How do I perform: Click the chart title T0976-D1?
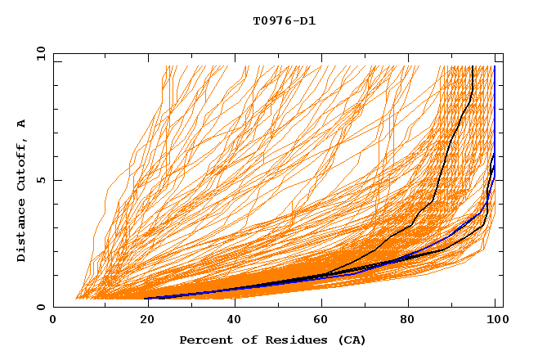pyautogui.click(x=284, y=21)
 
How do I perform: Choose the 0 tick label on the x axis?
pyautogui.click(x=53, y=320)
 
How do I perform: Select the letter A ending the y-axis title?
pyautogui.click(x=22, y=124)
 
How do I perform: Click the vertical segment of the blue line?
pyautogui.click(x=495, y=115)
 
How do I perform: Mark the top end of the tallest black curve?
pyautogui.click(x=473, y=66)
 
